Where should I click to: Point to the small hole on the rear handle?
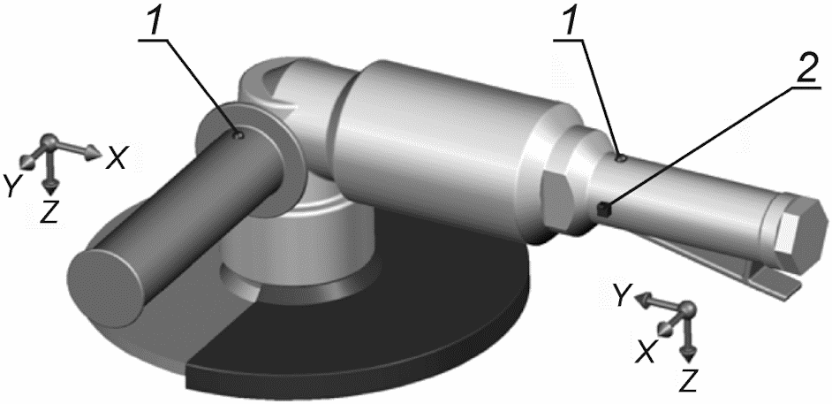pos(621,157)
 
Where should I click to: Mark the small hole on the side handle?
pos(239,135)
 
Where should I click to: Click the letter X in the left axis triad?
pos(117,157)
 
